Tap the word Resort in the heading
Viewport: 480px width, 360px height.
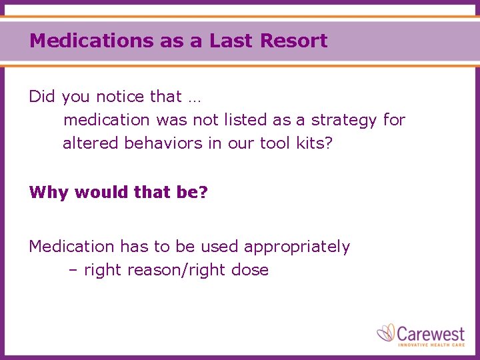tap(294, 41)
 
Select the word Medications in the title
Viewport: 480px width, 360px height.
tap(91, 41)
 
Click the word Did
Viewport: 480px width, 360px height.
tap(42, 97)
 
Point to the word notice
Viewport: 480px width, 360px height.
tap(121, 97)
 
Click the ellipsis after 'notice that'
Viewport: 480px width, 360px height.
tap(194, 99)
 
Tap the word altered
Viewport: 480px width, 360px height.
tap(91, 143)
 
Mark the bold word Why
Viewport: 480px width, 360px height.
tap(49, 193)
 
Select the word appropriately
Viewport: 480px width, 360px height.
tap(297, 247)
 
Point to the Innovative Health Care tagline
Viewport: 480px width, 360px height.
tap(431, 344)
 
